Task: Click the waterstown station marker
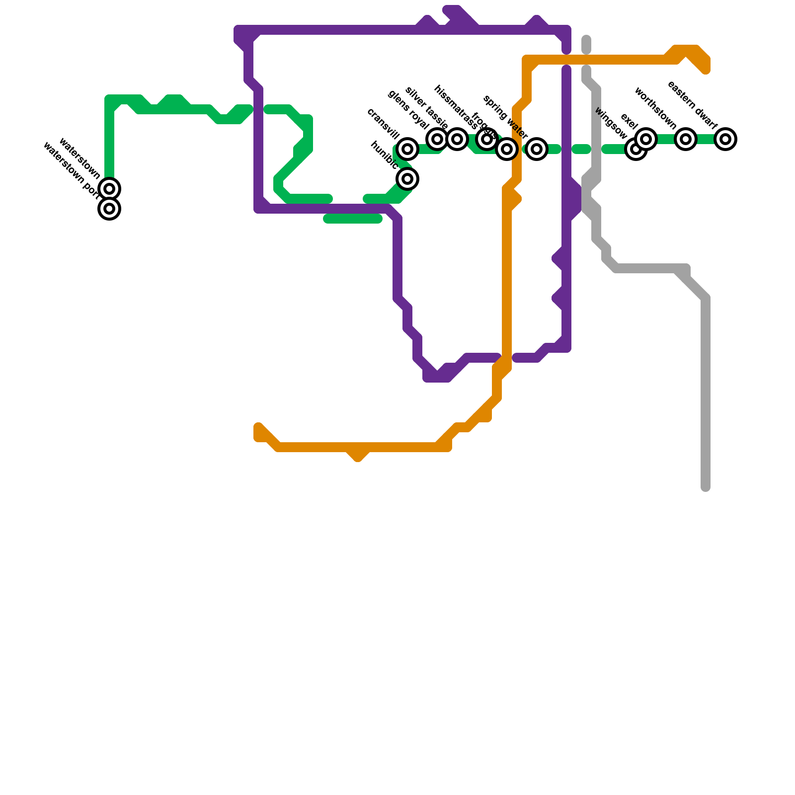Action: click(x=110, y=189)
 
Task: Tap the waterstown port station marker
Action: click(x=110, y=209)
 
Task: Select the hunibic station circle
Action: click(x=407, y=179)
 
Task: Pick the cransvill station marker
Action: click(x=407, y=149)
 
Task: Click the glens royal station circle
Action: click(x=437, y=139)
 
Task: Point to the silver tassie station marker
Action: click(x=457, y=139)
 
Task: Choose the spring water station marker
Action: click(x=537, y=149)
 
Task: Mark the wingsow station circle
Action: click(x=636, y=149)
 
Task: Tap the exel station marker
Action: click(x=646, y=139)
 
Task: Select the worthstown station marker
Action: click(x=686, y=139)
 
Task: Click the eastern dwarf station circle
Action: click(x=725, y=139)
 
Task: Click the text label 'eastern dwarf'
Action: click(x=692, y=105)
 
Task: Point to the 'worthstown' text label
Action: click(x=655, y=108)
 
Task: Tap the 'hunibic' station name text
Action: click(x=384, y=155)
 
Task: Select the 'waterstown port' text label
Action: click(x=71, y=171)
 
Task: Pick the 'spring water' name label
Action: click(x=505, y=117)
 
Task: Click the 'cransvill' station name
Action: click(x=383, y=124)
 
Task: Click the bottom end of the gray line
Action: click(x=706, y=488)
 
